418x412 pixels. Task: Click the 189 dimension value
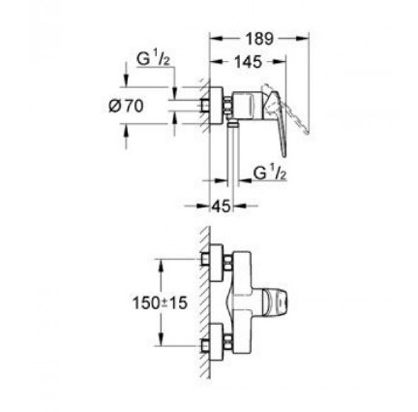(259, 39)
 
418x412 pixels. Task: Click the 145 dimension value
(248, 62)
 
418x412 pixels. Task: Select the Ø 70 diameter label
(126, 106)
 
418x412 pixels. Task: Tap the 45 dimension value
(222, 206)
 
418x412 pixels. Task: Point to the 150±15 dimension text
(161, 302)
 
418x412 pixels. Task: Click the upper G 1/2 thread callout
(153, 59)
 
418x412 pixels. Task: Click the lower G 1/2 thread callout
(269, 173)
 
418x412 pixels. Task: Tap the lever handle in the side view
(278, 124)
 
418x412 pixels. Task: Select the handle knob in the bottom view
(275, 302)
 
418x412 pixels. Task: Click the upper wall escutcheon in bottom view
(217, 263)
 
